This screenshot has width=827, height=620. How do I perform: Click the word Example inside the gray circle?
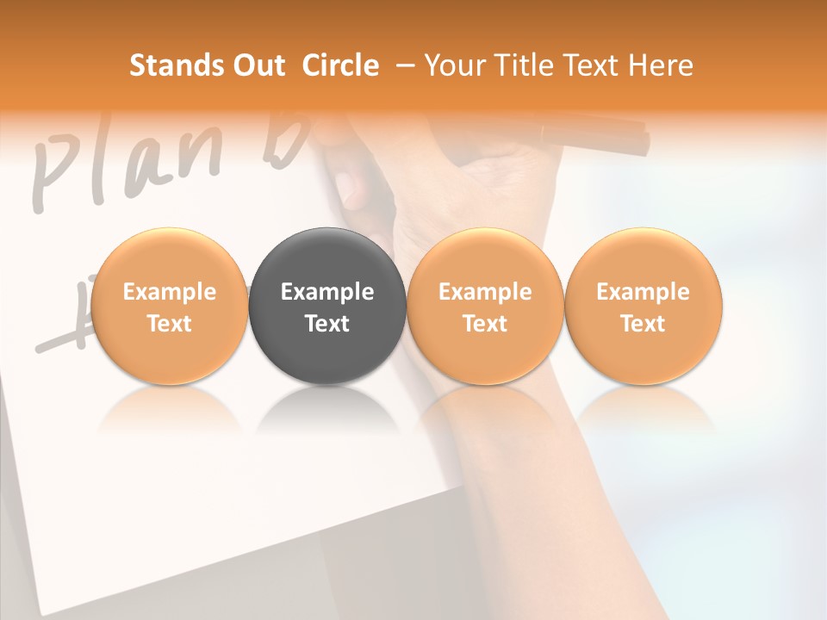pyautogui.click(x=327, y=292)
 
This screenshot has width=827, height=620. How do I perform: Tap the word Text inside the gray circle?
pyautogui.click(x=327, y=324)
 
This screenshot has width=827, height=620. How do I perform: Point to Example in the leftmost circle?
pyautogui.click(x=169, y=292)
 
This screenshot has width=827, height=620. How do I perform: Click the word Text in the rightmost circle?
pyautogui.click(x=644, y=324)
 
